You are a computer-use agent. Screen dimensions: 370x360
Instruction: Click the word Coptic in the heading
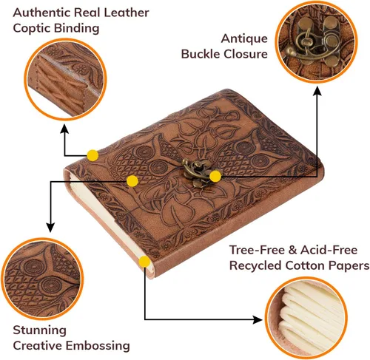31,28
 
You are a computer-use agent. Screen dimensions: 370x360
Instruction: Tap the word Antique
244,38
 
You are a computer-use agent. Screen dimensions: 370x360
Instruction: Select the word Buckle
201,54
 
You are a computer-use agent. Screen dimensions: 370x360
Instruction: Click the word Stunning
39,330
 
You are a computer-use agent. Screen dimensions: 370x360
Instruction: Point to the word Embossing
98,346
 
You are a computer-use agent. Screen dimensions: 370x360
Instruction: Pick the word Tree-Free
257,250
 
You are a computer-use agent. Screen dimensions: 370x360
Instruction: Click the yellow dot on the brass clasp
215,176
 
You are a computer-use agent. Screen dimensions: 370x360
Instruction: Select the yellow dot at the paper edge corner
144,262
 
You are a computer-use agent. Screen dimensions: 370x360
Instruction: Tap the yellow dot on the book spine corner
92,155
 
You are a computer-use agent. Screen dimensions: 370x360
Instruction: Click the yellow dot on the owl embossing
132,181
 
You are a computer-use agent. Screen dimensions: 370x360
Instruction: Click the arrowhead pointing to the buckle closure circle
317,90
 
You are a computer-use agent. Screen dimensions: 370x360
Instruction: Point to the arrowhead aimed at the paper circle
258,320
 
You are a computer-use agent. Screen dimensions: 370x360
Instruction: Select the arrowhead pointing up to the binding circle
64,129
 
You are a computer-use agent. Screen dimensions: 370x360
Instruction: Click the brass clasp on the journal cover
198,172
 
